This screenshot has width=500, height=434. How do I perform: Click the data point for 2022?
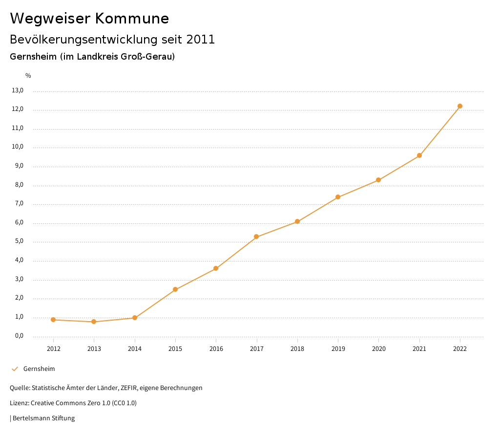point(460,106)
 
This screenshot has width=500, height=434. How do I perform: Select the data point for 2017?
point(256,237)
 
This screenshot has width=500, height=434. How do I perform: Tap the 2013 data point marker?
point(94,322)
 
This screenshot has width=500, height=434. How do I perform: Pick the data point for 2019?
point(338,197)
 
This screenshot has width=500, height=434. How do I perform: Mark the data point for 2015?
point(175,289)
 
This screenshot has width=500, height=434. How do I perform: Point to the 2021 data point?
point(419,155)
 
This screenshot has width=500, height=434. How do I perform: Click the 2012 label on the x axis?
point(53,349)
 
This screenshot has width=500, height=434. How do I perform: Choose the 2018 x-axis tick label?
point(297,349)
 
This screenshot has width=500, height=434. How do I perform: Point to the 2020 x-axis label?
point(378,349)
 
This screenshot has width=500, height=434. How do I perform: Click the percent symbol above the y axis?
point(28,76)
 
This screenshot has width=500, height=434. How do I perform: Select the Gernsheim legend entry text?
point(39,369)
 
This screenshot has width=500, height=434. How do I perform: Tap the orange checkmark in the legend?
point(15,369)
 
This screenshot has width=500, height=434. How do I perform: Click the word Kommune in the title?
point(132,19)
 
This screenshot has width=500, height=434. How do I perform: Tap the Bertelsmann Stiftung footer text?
point(43,418)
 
